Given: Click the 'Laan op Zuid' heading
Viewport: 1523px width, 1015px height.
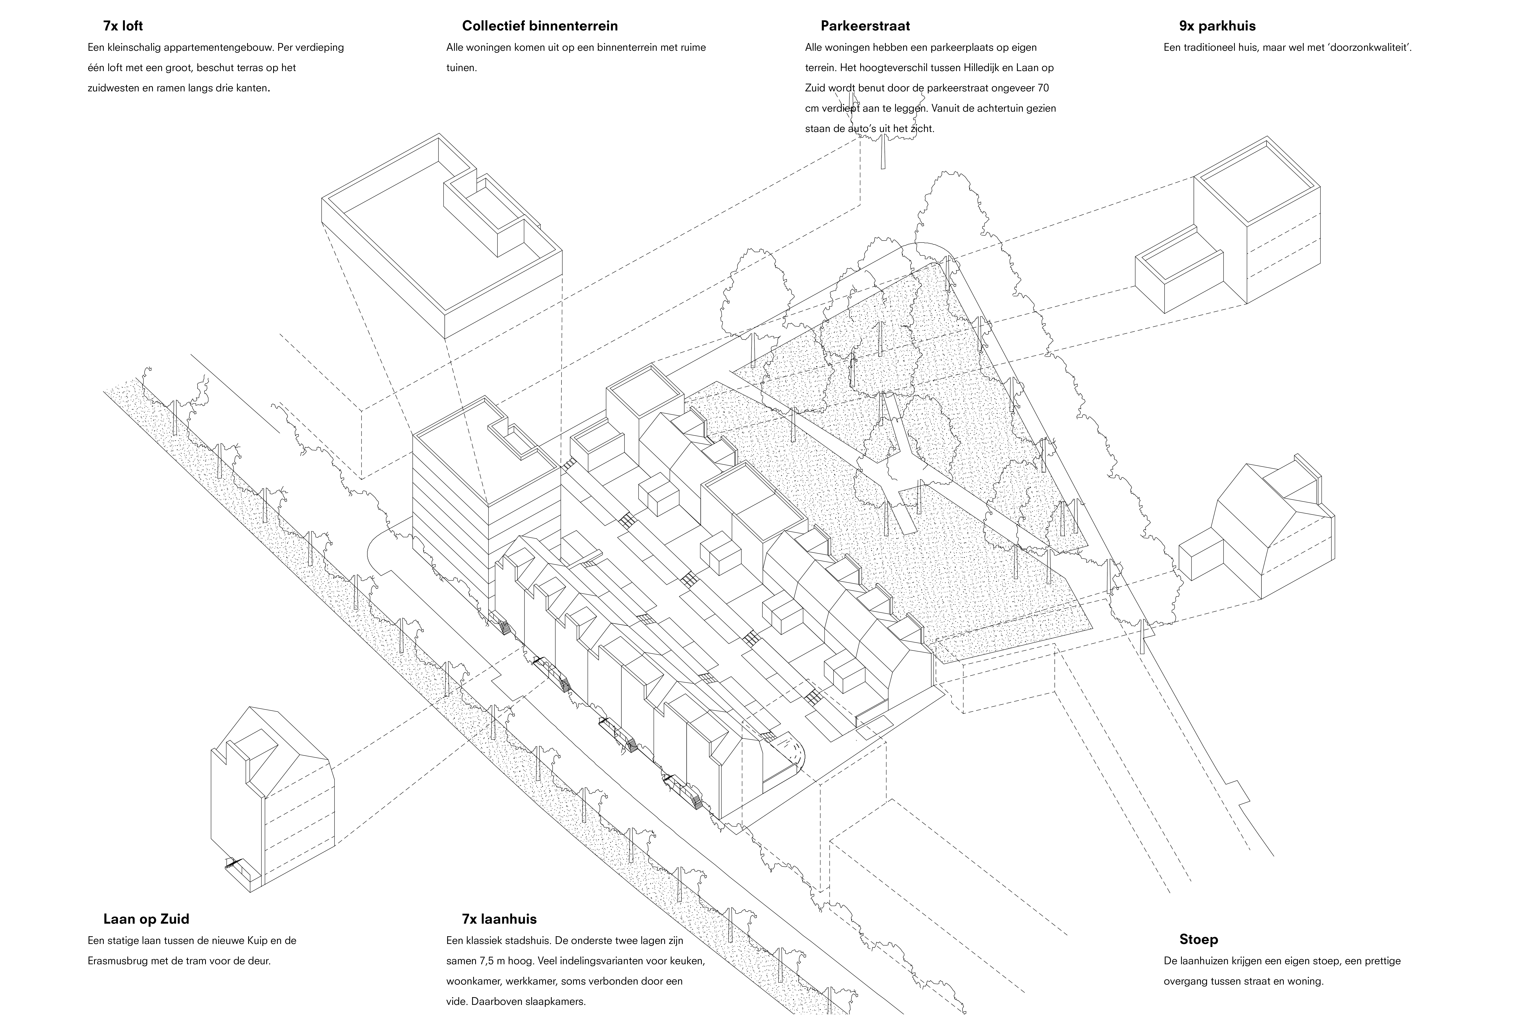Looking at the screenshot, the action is pyautogui.click(x=146, y=919).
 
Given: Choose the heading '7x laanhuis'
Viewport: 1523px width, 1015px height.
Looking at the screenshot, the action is pyautogui.click(x=499, y=919).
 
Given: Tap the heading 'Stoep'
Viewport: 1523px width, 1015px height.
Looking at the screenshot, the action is pyautogui.click(x=1198, y=939).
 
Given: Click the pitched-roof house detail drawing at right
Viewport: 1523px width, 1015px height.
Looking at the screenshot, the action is pyautogui.click(x=1256, y=528).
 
